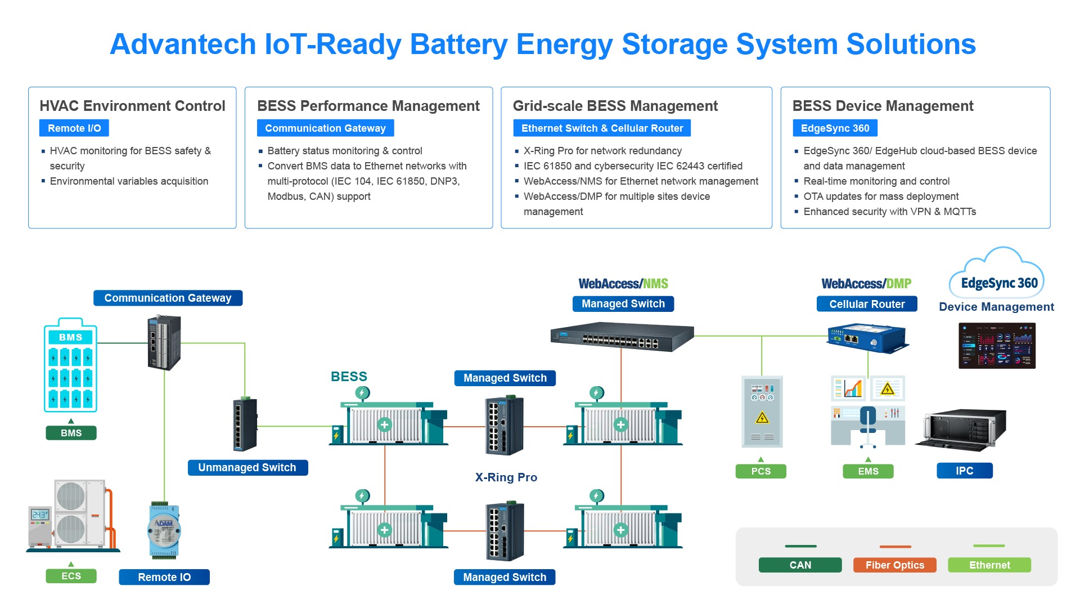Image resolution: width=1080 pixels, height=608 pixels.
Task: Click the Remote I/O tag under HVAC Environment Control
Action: (x=74, y=128)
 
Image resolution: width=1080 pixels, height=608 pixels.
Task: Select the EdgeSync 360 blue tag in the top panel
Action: (x=835, y=128)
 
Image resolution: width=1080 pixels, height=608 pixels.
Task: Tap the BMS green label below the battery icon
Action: (x=71, y=433)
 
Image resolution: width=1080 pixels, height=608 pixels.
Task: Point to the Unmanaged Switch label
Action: (x=247, y=467)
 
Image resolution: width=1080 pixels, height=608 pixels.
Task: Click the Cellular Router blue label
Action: (x=867, y=304)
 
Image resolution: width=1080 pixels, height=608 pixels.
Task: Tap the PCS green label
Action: (x=760, y=471)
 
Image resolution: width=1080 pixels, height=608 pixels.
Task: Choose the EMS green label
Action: (x=868, y=471)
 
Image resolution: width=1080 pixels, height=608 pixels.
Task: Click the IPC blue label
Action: (x=964, y=471)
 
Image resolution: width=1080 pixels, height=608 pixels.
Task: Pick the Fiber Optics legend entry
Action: (x=894, y=565)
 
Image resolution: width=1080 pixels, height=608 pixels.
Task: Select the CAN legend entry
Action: (x=800, y=565)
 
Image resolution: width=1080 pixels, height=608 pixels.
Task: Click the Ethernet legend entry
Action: (x=989, y=565)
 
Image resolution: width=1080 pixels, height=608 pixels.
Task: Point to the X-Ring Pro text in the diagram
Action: (x=506, y=477)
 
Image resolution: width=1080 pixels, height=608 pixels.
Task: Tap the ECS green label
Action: (x=71, y=576)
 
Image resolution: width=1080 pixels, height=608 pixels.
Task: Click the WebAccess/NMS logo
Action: (x=623, y=284)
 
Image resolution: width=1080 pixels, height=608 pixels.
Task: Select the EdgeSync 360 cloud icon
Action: (x=997, y=276)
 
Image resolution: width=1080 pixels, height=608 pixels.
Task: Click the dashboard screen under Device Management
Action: (x=997, y=346)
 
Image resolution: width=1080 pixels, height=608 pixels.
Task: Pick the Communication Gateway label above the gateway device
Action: (x=168, y=298)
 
